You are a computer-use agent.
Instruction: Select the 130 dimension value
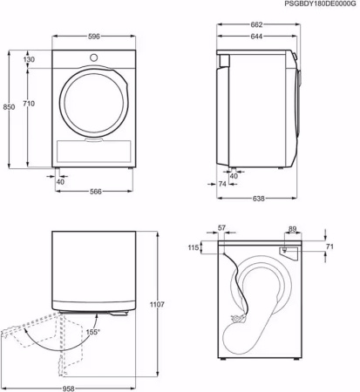(29, 59)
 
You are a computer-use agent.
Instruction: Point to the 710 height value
(29, 105)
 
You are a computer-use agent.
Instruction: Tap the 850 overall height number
(9, 106)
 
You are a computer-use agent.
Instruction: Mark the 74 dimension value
(222, 186)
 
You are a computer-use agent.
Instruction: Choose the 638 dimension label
(260, 199)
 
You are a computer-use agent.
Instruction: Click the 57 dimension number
(221, 228)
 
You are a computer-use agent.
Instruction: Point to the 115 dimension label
(194, 248)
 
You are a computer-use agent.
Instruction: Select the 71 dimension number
(329, 248)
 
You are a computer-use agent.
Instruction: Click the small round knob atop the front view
(92, 57)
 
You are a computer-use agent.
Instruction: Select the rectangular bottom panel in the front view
(92, 150)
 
